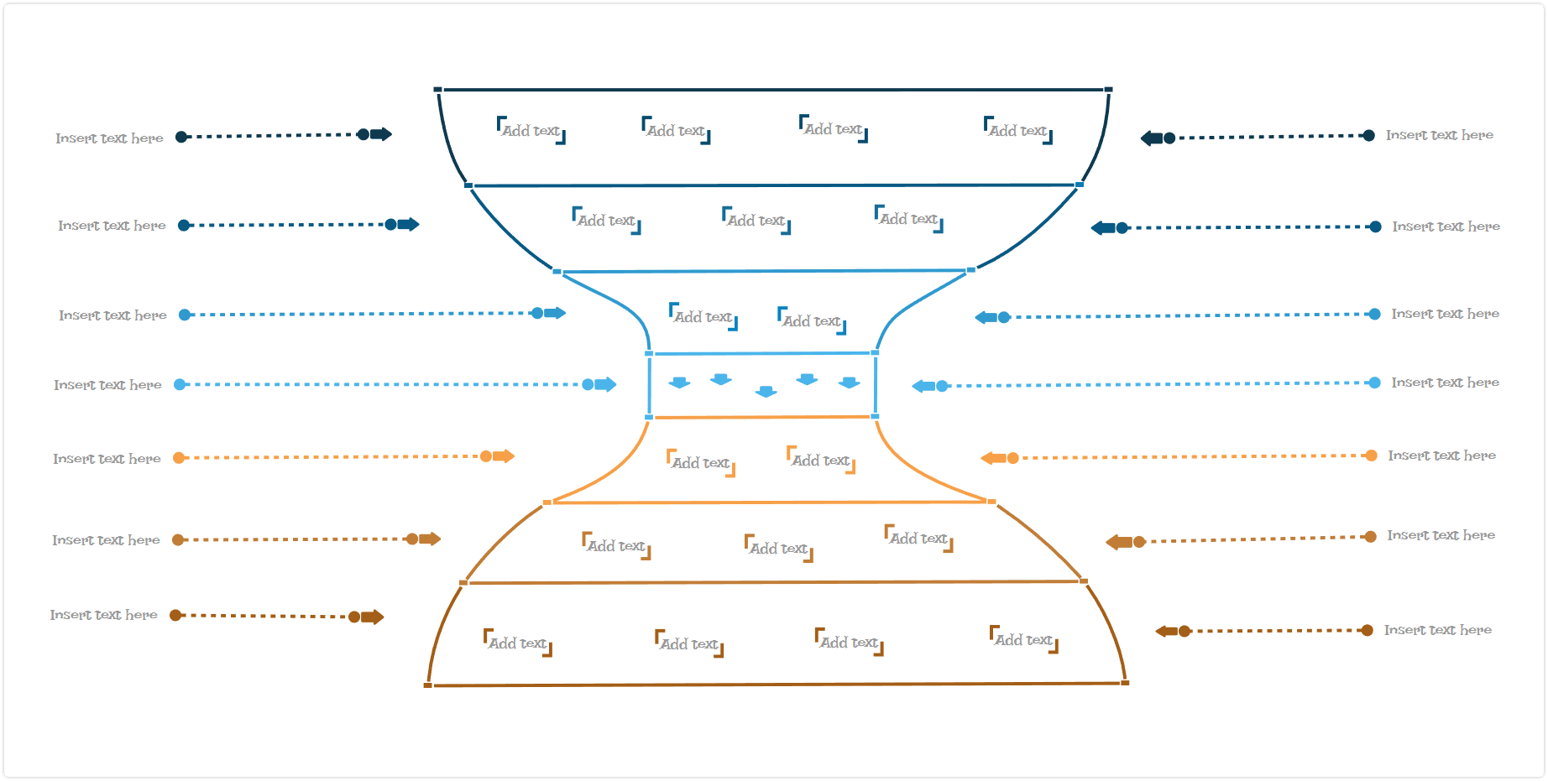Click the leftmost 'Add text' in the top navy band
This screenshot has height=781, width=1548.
531,131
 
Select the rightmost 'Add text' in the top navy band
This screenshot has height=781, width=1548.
1018,131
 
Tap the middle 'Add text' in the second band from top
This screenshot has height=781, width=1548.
756,221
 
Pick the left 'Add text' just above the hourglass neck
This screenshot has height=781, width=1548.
703,317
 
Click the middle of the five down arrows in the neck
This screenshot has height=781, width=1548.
766,391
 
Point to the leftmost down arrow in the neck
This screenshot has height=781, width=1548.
679,383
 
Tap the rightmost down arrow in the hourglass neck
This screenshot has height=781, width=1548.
850,383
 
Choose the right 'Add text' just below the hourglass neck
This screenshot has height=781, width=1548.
821,461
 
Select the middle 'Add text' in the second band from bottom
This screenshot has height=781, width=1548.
779,549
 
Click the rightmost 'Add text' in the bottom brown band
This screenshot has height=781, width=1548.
1024,640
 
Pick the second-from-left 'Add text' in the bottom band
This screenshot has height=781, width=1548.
689,644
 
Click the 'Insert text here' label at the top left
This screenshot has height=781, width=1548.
109,138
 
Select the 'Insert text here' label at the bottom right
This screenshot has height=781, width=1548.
1438,630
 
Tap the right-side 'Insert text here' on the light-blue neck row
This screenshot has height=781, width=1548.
1446,383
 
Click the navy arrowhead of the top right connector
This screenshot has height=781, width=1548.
1151,138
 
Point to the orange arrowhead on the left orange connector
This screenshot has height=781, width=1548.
504,456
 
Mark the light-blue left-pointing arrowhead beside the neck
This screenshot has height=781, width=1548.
923,386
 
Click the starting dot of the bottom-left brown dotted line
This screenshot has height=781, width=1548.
175,615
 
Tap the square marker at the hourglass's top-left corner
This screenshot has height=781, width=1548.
437,89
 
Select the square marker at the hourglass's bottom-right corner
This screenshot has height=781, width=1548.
1125,683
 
